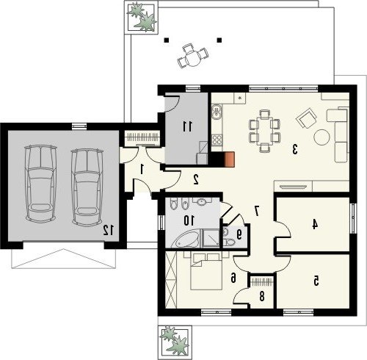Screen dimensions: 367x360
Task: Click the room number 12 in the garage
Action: tap(109, 230)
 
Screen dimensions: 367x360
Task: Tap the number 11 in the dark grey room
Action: tap(188, 126)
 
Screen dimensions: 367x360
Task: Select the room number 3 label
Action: tap(295, 149)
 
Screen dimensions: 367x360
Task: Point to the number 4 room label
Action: tap(315, 224)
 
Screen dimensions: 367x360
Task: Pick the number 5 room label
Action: tap(316, 281)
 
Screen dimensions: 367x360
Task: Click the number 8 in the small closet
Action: tap(262, 297)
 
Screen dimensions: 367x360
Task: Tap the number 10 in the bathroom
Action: tap(189, 220)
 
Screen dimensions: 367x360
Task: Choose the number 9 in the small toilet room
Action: tap(239, 234)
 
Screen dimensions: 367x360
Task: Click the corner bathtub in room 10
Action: tap(185, 239)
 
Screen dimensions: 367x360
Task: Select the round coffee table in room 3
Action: tap(321, 137)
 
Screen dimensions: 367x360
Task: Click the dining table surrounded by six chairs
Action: tap(264, 131)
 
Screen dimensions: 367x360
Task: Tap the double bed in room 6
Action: tap(206, 272)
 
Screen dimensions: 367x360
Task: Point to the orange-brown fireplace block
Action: tap(230, 159)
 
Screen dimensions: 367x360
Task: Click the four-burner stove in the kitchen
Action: tap(217, 140)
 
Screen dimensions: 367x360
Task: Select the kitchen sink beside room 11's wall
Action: tap(217, 112)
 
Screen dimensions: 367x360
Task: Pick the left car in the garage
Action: tap(40, 184)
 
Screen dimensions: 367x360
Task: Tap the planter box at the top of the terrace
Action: tap(141, 17)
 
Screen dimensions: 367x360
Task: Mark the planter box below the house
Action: tap(175, 342)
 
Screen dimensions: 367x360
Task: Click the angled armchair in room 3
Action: tap(306, 118)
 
